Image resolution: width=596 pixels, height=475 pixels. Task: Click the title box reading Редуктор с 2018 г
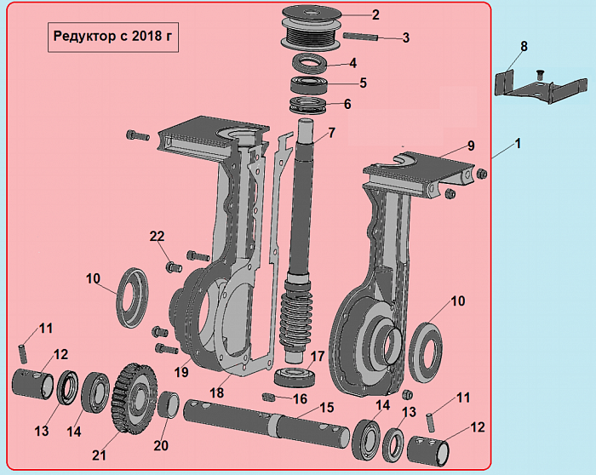click(x=113, y=37)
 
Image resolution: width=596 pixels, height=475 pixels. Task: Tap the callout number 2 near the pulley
click(x=375, y=15)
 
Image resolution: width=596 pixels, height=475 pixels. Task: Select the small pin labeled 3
click(x=360, y=37)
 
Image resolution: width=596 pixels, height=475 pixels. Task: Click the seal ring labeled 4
click(x=309, y=63)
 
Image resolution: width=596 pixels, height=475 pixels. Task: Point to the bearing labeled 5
click(x=308, y=84)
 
